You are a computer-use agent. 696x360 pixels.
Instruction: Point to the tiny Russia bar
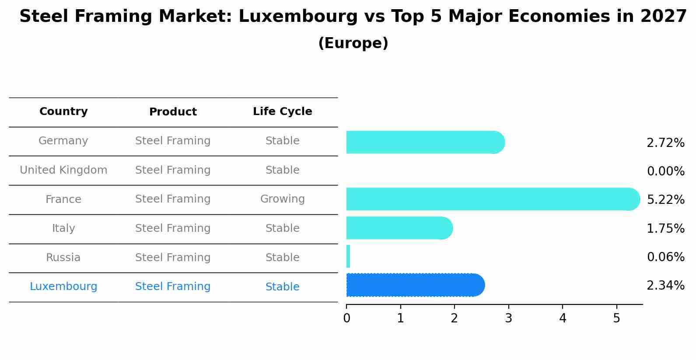click(x=348, y=256)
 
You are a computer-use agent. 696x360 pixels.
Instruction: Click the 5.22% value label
click(x=665, y=200)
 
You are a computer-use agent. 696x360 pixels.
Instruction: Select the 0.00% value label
click(x=665, y=171)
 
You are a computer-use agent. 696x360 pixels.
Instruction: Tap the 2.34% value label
click(x=665, y=286)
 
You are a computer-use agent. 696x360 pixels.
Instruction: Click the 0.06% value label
click(x=665, y=257)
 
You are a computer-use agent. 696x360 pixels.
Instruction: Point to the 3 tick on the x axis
click(x=508, y=318)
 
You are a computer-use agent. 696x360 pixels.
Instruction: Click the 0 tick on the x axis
click(x=346, y=318)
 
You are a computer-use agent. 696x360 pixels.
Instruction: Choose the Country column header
click(x=63, y=112)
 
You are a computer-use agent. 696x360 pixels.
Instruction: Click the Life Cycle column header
click(x=282, y=112)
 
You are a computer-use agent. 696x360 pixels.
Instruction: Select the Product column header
click(x=173, y=112)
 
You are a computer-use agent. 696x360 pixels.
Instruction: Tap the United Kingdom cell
click(x=63, y=170)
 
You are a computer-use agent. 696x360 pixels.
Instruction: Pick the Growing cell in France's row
click(x=282, y=199)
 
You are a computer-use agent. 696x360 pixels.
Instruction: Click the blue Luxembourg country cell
click(x=63, y=287)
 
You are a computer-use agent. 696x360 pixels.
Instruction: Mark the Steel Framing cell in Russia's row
click(x=173, y=258)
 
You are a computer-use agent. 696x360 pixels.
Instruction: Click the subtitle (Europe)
click(x=353, y=43)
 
